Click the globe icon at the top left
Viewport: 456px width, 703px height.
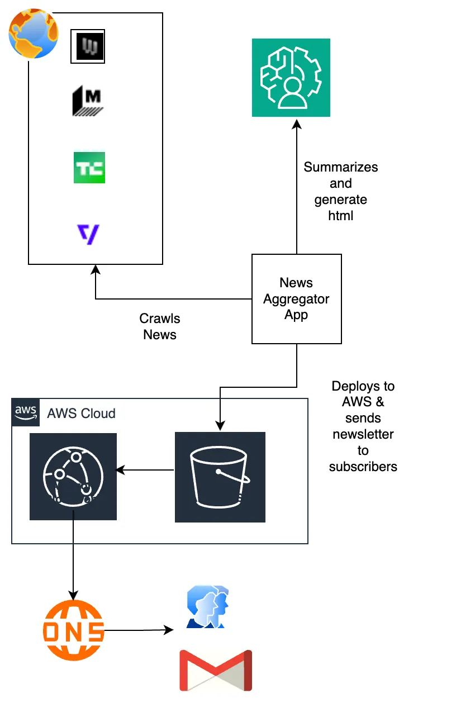pos(33,34)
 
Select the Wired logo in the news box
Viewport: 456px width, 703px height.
pos(87,46)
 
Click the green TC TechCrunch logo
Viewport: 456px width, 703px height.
pos(89,168)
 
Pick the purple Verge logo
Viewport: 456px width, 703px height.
pos(88,234)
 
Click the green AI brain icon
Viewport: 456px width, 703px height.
pos(291,78)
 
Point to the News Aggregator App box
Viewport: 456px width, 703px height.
pos(296,299)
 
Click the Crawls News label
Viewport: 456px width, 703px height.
pos(160,326)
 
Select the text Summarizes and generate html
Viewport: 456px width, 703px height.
pos(340,191)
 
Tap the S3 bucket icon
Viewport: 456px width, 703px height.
pos(220,477)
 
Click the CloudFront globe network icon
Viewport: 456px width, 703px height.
pos(73,477)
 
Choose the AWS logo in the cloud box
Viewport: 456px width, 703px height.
pos(26,412)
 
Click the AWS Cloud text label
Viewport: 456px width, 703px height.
pos(81,414)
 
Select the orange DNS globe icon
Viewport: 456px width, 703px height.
pos(74,630)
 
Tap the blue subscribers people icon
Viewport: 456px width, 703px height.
pos(207,608)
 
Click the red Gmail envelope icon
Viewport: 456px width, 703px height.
pos(215,671)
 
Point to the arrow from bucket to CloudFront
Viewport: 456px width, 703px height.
pos(145,470)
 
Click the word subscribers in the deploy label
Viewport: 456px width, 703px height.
pos(363,467)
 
